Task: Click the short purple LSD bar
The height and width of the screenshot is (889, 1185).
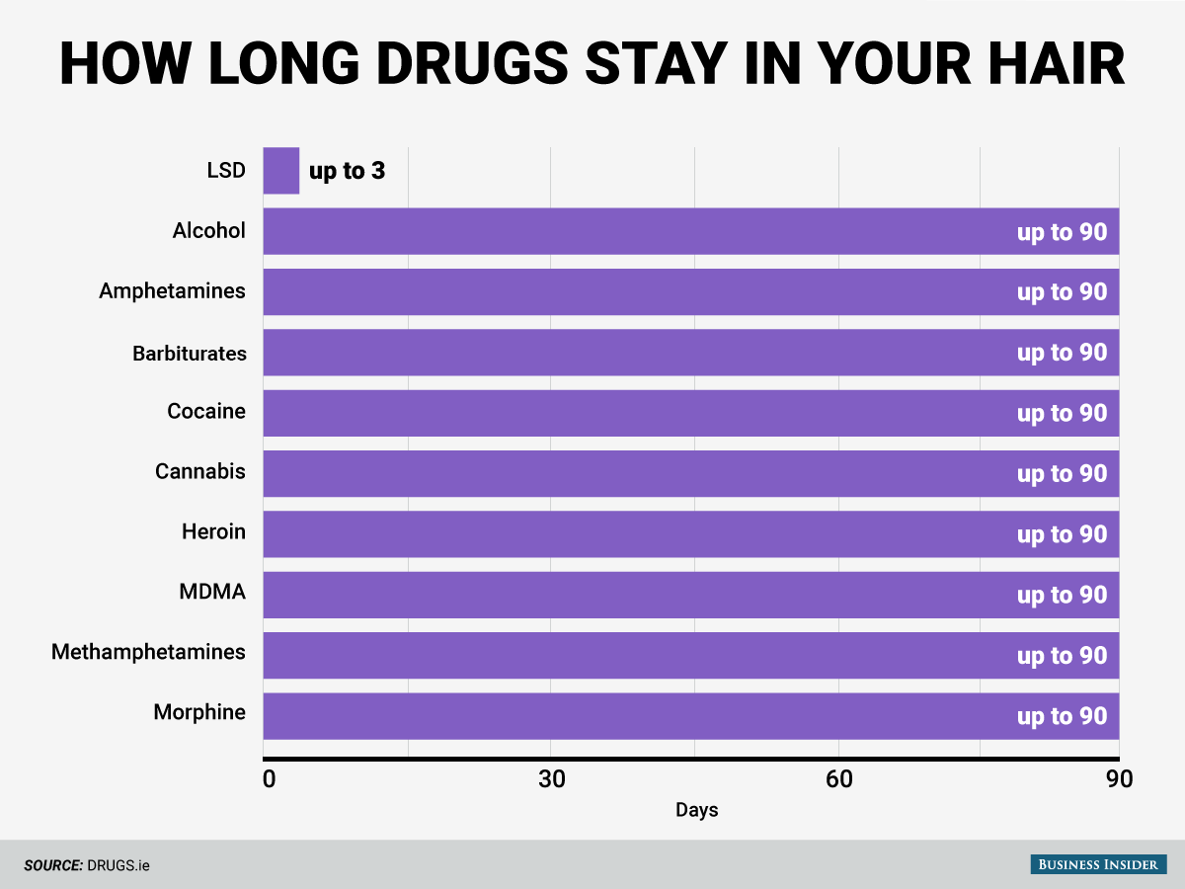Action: click(280, 171)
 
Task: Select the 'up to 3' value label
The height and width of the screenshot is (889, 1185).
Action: click(347, 171)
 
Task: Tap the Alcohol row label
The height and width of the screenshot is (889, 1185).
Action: click(208, 231)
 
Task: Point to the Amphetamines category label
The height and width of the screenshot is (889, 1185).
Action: click(172, 291)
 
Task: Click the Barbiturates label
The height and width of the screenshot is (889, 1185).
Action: click(189, 353)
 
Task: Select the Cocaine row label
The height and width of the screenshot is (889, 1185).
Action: click(206, 411)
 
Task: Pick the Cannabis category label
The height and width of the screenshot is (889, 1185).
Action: click(200, 471)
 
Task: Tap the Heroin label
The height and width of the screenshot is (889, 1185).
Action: click(213, 531)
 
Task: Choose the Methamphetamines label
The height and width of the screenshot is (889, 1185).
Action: click(148, 652)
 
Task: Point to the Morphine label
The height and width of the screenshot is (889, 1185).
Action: click(199, 712)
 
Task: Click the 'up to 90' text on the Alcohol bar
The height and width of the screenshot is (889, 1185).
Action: click(1062, 232)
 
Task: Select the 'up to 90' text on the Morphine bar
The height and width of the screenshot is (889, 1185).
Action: click(1062, 716)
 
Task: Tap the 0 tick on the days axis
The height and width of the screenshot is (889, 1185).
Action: click(270, 779)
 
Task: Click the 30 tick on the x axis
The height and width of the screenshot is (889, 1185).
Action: click(551, 779)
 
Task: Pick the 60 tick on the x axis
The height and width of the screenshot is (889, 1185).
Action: click(838, 779)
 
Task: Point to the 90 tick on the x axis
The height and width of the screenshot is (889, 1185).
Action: click(1119, 779)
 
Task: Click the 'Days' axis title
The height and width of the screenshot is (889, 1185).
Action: click(697, 810)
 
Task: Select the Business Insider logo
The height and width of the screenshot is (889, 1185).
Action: click(1096, 864)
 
